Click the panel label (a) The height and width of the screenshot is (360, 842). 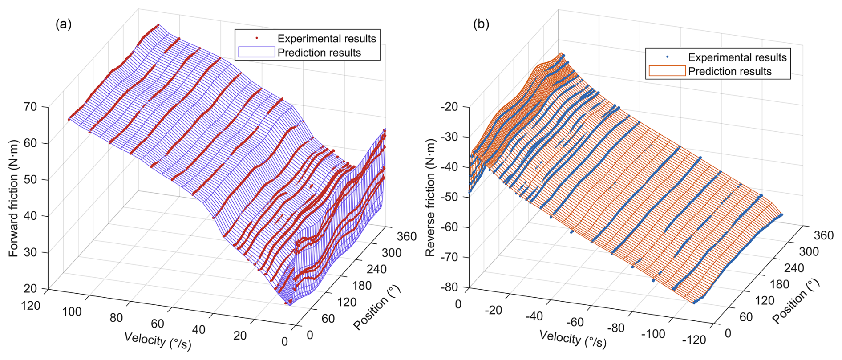tap(63, 24)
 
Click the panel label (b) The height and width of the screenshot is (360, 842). tap(481, 24)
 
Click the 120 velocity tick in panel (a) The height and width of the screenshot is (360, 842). tap(31, 306)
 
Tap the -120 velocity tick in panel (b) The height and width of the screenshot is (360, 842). tap(694, 340)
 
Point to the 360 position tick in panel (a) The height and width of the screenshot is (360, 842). tap(407, 236)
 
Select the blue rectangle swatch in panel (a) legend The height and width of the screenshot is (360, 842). tap(256, 53)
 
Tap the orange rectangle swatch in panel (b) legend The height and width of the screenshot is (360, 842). tap(667, 71)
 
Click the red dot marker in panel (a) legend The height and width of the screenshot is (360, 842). tap(256, 39)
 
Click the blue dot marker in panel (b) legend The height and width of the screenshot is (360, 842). tap(667, 57)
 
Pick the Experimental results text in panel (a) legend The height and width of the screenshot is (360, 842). tap(327, 39)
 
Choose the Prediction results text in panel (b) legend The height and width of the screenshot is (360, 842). tap(730, 71)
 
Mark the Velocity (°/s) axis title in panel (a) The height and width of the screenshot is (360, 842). tap(158, 341)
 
